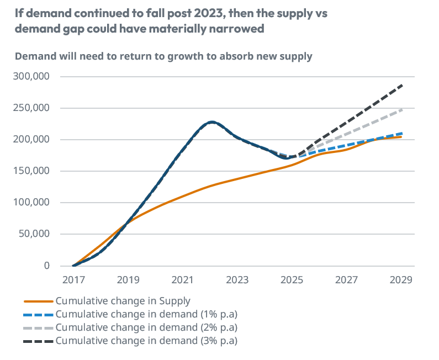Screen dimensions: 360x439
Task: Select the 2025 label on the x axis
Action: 292,279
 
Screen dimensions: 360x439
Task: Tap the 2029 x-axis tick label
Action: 401,279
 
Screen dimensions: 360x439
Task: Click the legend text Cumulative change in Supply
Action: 123,301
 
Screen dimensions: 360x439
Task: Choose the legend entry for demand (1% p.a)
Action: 146,314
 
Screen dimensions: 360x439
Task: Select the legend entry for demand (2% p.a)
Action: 146,327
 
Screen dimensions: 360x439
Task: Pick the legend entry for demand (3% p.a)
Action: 146,341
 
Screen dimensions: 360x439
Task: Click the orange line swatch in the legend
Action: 39,301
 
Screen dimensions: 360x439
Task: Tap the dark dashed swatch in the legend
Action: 39,341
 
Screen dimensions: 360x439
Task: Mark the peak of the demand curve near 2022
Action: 211,122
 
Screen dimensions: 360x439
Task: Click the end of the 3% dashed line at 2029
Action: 401,86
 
